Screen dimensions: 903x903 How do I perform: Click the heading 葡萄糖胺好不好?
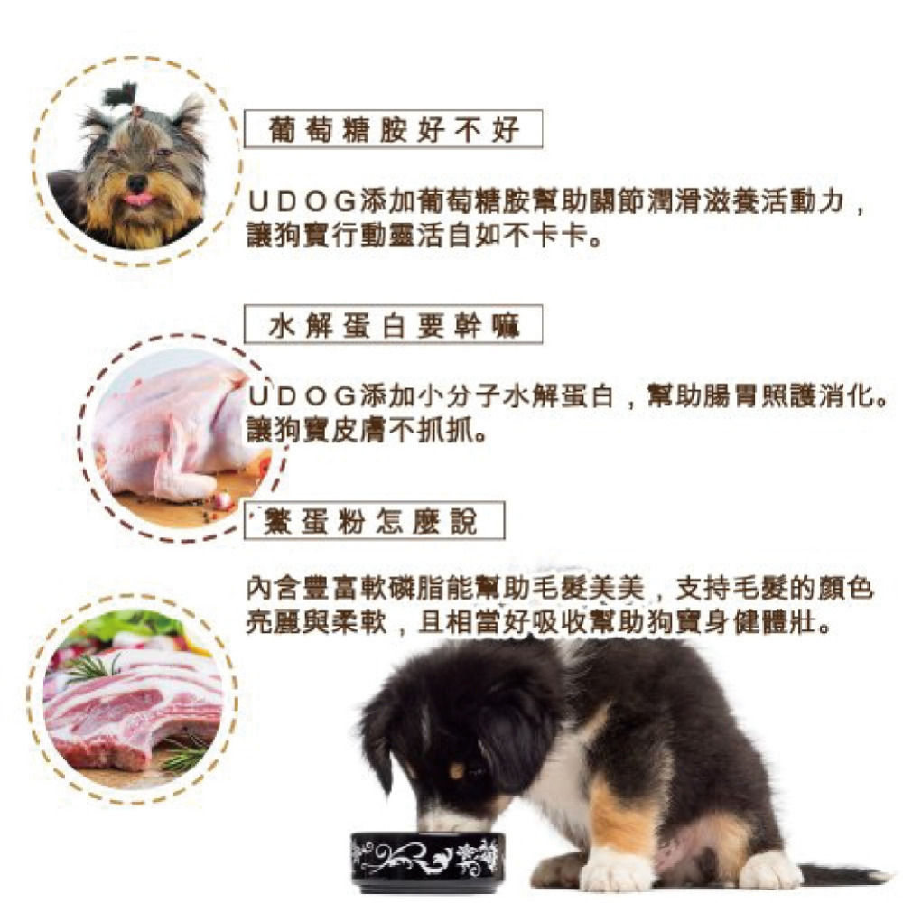point(394,130)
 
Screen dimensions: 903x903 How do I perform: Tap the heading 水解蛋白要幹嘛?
point(394,326)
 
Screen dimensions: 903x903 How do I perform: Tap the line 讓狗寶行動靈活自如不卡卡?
point(424,237)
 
